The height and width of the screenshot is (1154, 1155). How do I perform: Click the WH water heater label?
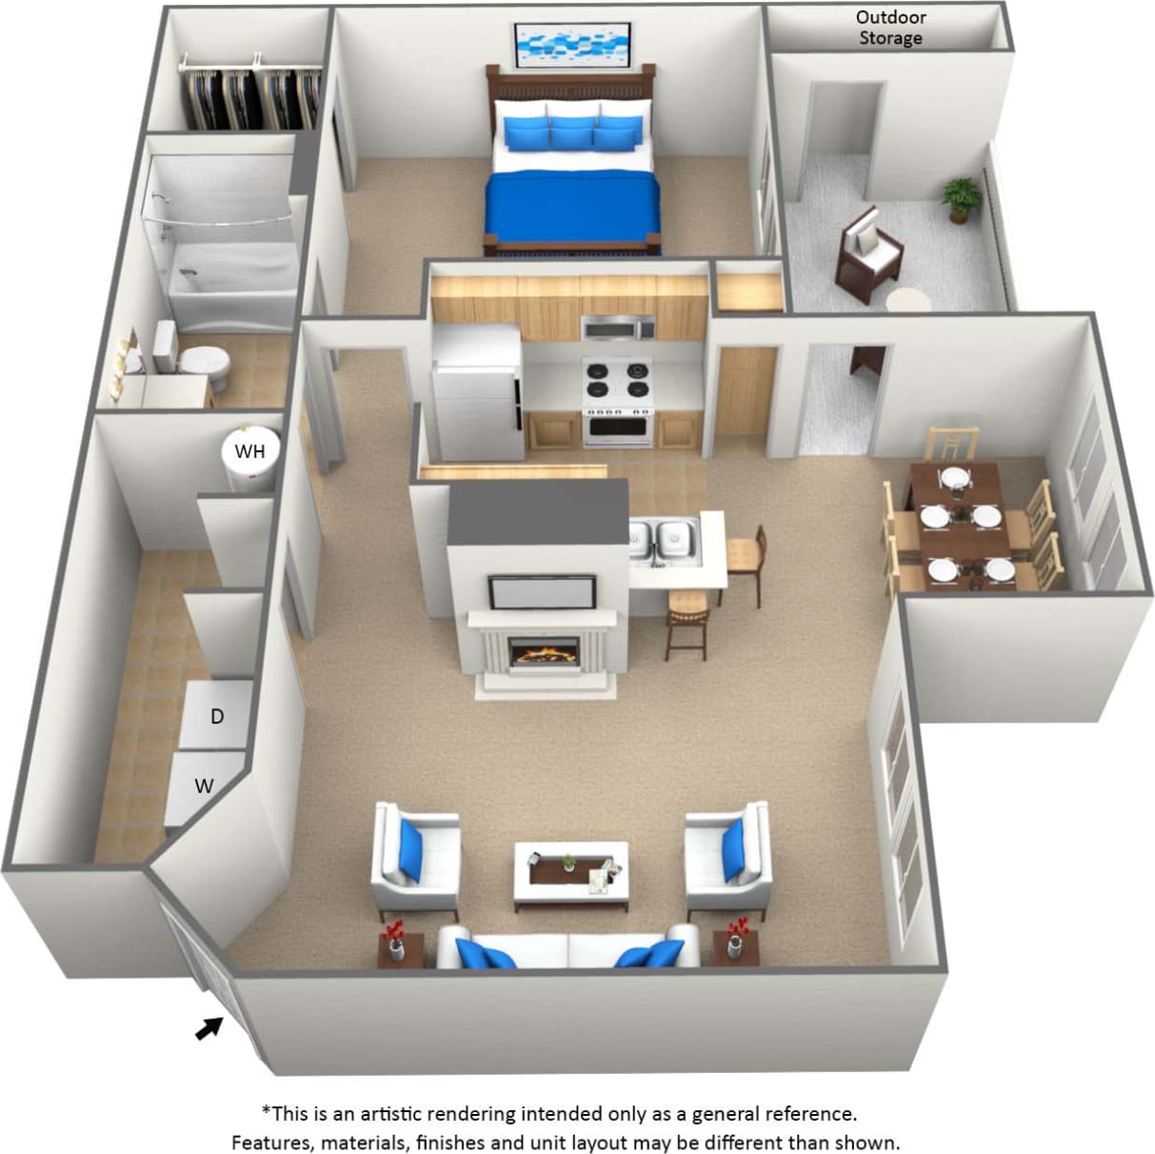[x=250, y=449]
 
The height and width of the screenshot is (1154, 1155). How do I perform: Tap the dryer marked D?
[x=218, y=716]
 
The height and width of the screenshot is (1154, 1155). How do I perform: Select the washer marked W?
[x=204, y=786]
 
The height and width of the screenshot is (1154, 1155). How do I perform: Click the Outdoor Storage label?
[x=890, y=28]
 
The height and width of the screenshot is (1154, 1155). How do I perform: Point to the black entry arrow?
[x=209, y=1028]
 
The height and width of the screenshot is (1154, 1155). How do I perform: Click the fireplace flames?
[x=545, y=653]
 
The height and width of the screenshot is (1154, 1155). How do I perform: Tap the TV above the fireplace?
[x=542, y=593]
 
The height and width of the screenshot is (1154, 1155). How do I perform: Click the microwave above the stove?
[x=618, y=328]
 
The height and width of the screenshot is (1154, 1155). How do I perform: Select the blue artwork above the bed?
[x=573, y=45]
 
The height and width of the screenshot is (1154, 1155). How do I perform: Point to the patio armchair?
[x=869, y=249]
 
